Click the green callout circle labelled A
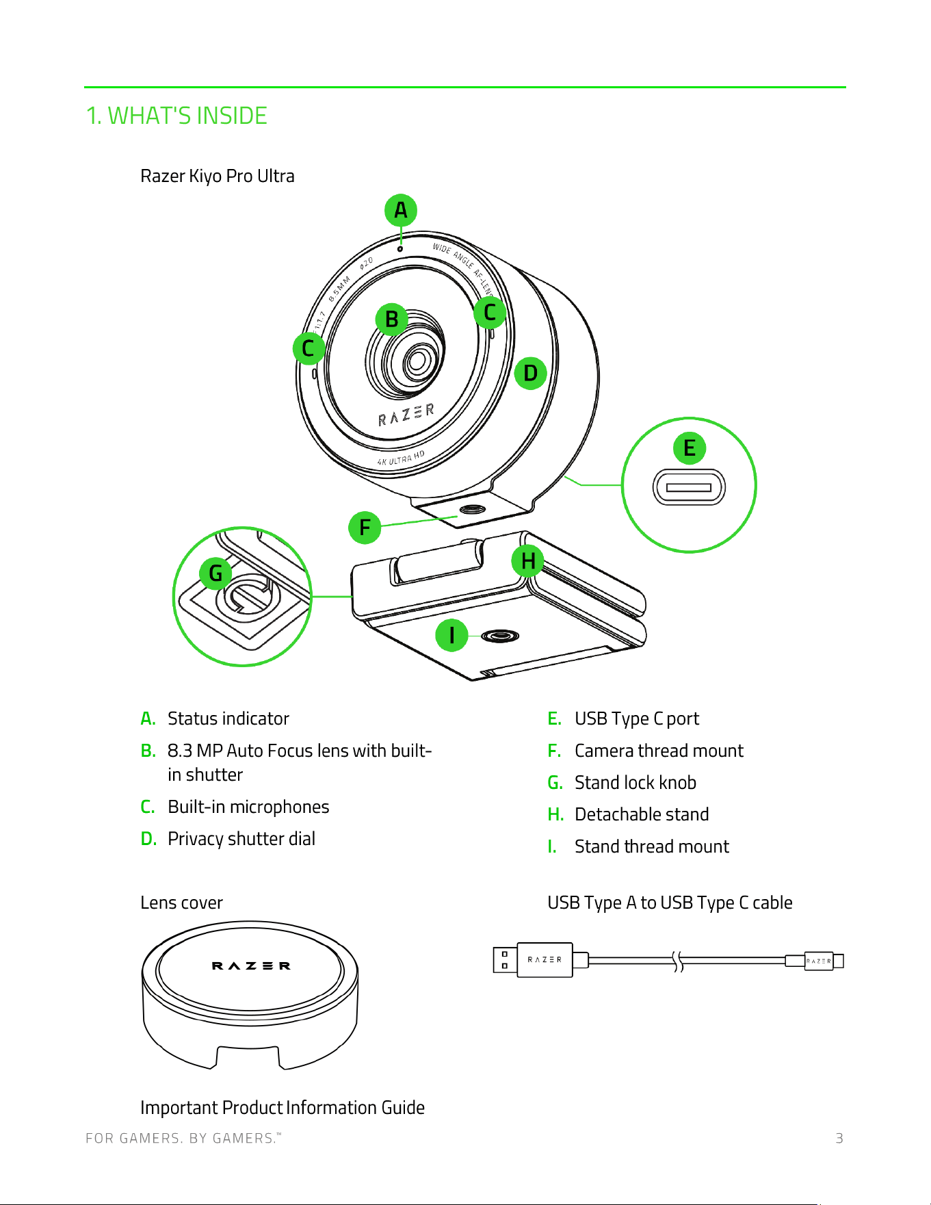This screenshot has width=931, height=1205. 401,210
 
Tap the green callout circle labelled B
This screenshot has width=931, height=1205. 392,319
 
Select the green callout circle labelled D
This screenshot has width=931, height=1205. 531,373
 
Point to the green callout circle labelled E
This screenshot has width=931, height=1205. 690,448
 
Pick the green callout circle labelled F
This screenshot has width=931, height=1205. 365,528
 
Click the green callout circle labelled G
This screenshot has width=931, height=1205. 216,573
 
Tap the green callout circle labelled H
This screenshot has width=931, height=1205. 528,561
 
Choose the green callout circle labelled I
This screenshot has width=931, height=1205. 452,635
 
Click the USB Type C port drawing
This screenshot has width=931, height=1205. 689,487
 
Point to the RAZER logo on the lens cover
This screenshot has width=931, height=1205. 251,966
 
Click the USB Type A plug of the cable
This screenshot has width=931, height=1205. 533,960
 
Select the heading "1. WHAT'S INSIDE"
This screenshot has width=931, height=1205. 176,116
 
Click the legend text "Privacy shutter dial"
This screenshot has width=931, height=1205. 241,839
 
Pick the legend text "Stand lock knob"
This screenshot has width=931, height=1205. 635,782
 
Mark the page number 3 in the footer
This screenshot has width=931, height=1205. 839,1139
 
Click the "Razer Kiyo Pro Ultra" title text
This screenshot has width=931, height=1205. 218,176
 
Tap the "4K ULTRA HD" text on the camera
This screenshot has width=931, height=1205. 402,458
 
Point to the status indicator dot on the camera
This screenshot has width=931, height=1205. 400,248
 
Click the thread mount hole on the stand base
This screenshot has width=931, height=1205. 500,636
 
